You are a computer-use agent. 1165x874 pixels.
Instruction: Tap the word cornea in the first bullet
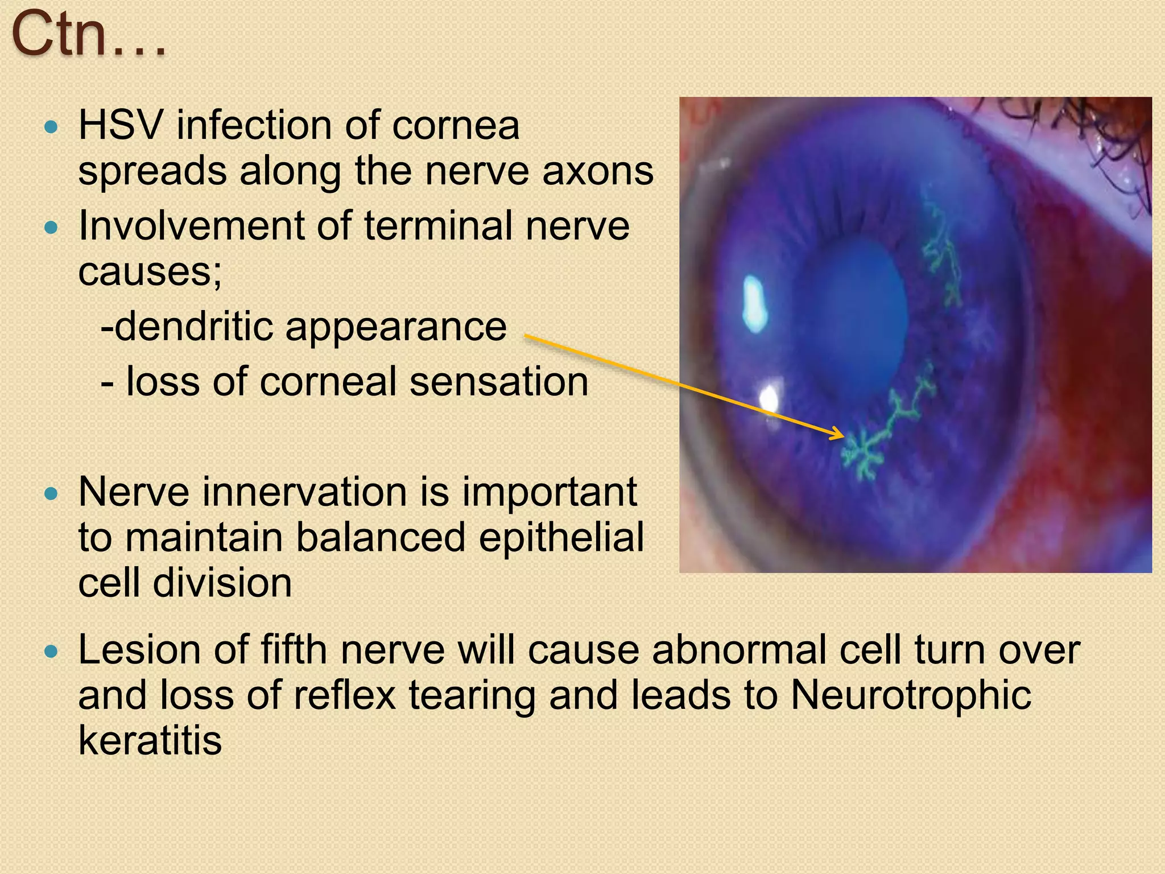click(x=455, y=126)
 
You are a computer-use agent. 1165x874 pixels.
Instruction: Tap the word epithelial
click(x=561, y=538)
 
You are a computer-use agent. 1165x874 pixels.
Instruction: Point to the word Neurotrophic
click(x=911, y=695)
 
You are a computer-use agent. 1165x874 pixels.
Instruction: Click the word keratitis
click(x=150, y=741)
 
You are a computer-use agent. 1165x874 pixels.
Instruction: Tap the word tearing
click(x=472, y=696)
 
